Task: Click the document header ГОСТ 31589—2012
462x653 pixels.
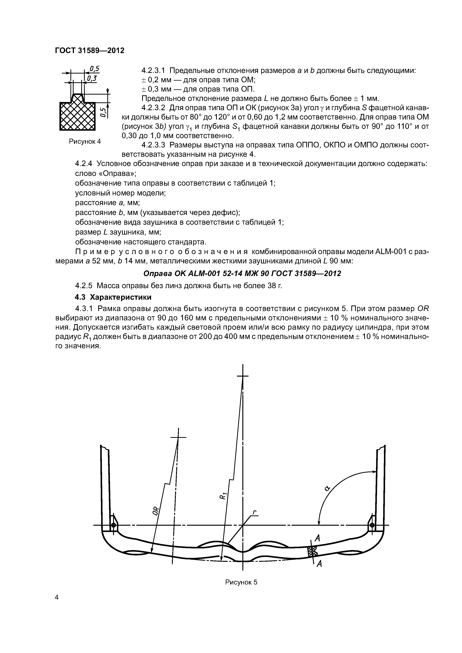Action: point(90,51)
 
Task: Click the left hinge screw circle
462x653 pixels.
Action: point(113,525)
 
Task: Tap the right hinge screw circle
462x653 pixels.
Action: point(372,525)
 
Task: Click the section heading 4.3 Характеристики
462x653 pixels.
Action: point(113,297)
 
